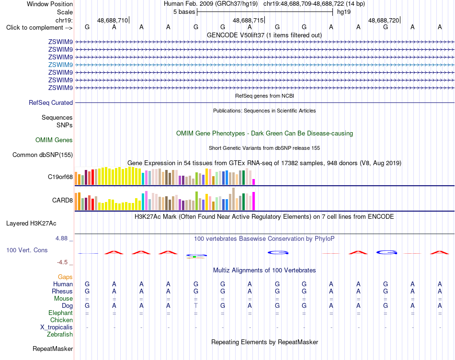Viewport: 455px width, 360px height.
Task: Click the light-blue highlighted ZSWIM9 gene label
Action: point(60,65)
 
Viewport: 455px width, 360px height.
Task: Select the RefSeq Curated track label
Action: point(51,103)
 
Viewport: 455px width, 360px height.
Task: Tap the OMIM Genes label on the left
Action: point(54,140)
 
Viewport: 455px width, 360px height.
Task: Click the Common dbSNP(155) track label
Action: point(43,155)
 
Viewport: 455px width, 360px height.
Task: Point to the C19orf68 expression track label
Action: point(60,177)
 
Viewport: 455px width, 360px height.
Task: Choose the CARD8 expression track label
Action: point(62,201)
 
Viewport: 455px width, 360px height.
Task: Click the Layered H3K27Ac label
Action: point(31,224)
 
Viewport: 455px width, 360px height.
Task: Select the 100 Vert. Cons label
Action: point(27,250)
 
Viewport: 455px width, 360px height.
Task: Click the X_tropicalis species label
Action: point(57,327)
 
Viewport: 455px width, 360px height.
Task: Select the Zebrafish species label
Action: point(60,335)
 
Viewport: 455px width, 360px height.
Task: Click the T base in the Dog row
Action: point(196,305)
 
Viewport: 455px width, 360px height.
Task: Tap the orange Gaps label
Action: point(65,277)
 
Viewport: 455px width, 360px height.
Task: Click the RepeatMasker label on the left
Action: point(53,349)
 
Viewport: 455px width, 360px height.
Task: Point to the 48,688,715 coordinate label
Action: point(248,20)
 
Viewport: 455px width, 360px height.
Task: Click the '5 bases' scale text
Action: point(184,12)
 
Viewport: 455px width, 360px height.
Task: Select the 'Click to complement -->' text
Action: point(39,28)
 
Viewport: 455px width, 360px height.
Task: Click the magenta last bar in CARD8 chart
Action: point(254,201)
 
